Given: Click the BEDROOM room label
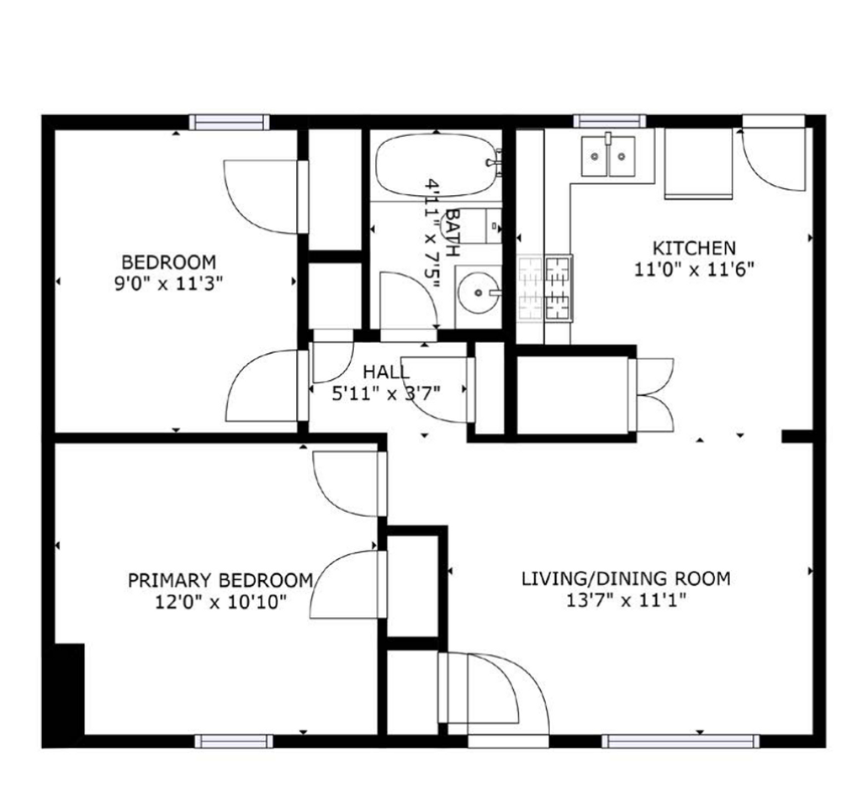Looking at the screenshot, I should pyautogui.click(x=168, y=261).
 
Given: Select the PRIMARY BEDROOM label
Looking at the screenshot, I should pyautogui.click(x=220, y=580).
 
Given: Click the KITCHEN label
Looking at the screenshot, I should pyautogui.click(x=694, y=248).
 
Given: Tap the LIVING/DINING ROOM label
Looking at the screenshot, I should pyautogui.click(x=626, y=578).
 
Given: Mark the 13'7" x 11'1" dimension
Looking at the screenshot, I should pyautogui.click(x=626, y=600).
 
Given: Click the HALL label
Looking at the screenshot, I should pyautogui.click(x=386, y=372).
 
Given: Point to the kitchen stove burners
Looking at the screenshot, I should pyautogui.click(x=545, y=288).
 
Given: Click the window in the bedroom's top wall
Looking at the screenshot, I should pyautogui.click(x=229, y=122).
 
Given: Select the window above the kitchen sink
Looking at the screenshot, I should pyautogui.click(x=610, y=121).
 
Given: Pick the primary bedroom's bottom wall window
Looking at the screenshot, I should pyautogui.click(x=234, y=741).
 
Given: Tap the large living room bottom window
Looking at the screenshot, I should pyautogui.click(x=680, y=741).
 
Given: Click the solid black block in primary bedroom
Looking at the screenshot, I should pyautogui.click(x=69, y=689).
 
